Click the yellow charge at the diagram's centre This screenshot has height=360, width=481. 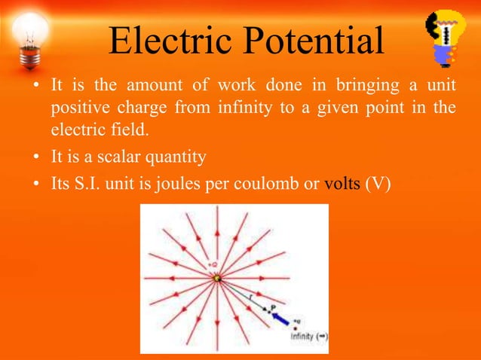point(217,278)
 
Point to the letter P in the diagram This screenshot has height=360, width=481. point(273,307)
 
